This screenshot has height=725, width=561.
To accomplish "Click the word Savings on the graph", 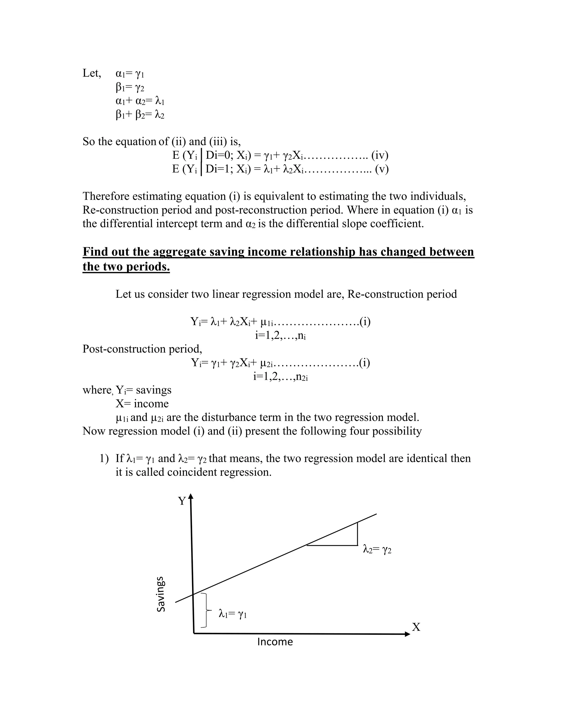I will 161,594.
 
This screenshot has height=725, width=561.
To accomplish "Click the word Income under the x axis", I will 275,642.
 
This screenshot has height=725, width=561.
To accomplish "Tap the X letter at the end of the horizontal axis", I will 416,627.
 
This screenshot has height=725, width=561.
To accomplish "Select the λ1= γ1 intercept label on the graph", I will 233,614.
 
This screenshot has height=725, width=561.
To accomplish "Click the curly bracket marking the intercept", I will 206,610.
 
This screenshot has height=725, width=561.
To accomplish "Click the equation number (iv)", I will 380,155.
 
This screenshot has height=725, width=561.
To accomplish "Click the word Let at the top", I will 91,73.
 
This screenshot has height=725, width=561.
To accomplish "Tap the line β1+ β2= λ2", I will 140,115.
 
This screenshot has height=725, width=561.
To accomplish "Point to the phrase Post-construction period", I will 142,349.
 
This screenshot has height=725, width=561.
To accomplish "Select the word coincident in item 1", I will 193,472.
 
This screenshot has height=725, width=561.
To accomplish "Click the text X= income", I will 142,404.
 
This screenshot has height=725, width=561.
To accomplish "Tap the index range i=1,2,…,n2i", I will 280,376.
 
